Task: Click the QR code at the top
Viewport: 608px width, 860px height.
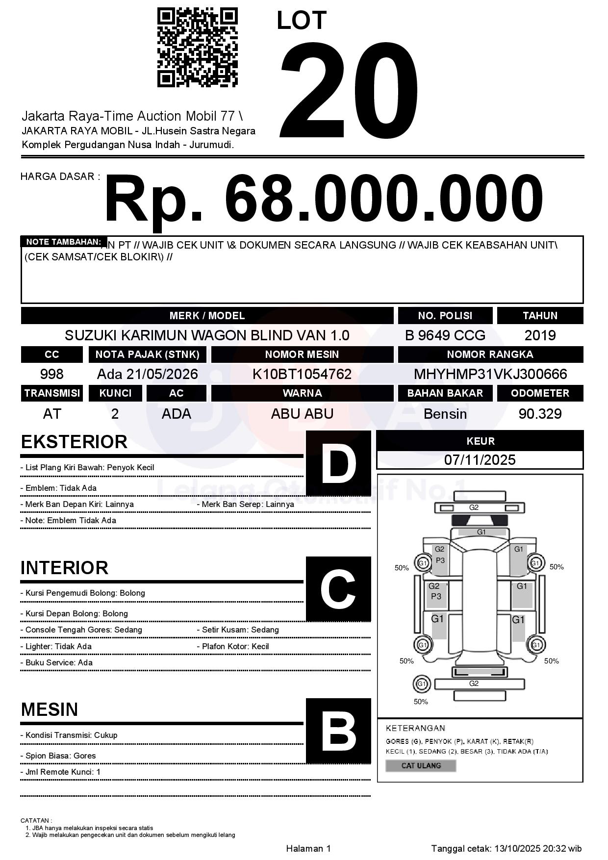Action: (x=197, y=48)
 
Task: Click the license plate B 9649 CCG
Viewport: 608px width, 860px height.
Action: (x=445, y=335)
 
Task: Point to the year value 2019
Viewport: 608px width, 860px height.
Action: (x=540, y=335)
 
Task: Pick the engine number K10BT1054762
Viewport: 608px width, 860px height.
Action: (x=302, y=374)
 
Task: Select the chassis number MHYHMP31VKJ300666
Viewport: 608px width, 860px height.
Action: (x=490, y=374)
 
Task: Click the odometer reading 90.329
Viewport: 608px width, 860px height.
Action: (x=540, y=414)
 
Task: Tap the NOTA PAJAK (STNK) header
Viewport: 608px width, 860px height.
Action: (x=147, y=354)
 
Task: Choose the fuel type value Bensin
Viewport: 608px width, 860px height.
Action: (x=445, y=414)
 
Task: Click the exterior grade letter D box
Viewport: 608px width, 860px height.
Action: (x=338, y=463)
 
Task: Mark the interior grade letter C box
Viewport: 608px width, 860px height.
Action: (x=338, y=589)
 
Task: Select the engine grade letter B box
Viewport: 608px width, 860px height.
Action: (x=338, y=731)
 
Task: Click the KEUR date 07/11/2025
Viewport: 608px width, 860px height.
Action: (x=480, y=460)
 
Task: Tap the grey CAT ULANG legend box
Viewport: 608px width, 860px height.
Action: (x=421, y=765)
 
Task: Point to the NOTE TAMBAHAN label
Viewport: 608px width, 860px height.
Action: (x=63, y=242)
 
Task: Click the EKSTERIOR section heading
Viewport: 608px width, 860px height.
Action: (x=74, y=442)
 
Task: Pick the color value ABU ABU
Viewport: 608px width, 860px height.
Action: (x=302, y=414)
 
